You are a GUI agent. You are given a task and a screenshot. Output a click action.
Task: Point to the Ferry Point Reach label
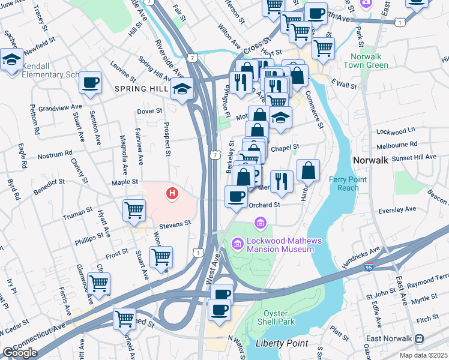pos(343,184)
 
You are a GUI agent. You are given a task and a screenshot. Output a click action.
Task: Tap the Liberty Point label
pos(282,343)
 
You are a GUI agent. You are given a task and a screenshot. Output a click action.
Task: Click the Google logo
pos(20,353)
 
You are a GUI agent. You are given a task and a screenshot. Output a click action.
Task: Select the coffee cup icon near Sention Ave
pos(90,82)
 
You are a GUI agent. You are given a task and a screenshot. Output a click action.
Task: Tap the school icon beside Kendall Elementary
pos(11,59)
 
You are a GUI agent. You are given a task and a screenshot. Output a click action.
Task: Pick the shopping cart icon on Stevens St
pos(134,210)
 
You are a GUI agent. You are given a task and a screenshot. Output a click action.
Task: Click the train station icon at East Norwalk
pos(419,339)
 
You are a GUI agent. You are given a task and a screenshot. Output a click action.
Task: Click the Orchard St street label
pos(265,204)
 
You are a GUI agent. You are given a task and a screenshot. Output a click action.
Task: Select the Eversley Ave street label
pos(402,209)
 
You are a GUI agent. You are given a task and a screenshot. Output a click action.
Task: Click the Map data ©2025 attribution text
pos(423,355)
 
